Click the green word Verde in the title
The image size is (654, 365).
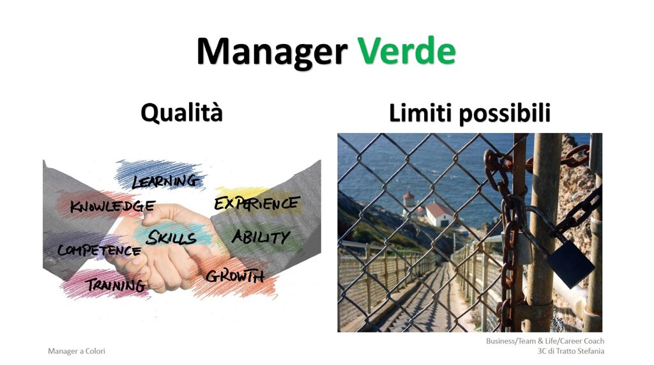pyautogui.click(x=406, y=51)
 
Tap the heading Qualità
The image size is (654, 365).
pyautogui.click(x=181, y=113)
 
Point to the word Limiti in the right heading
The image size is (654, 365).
pyautogui.click(x=419, y=113)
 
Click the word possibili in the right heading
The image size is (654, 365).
pyautogui.click(x=505, y=114)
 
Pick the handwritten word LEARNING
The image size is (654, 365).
pyautogui.click(x=165, y=182)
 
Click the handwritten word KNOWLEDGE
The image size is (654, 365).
pyautogui.click(x=112, y=206)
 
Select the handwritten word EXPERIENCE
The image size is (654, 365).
pyautogui.click(x=257, y=203)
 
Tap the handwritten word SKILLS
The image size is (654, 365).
pyautogui.click(x=171, y=238)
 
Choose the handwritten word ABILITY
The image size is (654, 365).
pyautogui.click(x=261, y=237)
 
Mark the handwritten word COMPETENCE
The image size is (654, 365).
pyautogui.click(x=99, y=250)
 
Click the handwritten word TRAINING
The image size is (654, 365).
pyautogui.click(x=116, y=285)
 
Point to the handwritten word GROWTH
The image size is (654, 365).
pyautogui.click(x=235, y=276)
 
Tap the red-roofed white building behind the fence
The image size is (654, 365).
pyautogui.click(x=439, y=214)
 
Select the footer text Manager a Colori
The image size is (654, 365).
pyautogui.click(x=77, y=351)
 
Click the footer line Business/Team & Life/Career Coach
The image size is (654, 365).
pyautogui.click(x=545, y=341)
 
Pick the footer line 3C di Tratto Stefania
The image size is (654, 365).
pyautogui.click(x=570, y=351)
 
